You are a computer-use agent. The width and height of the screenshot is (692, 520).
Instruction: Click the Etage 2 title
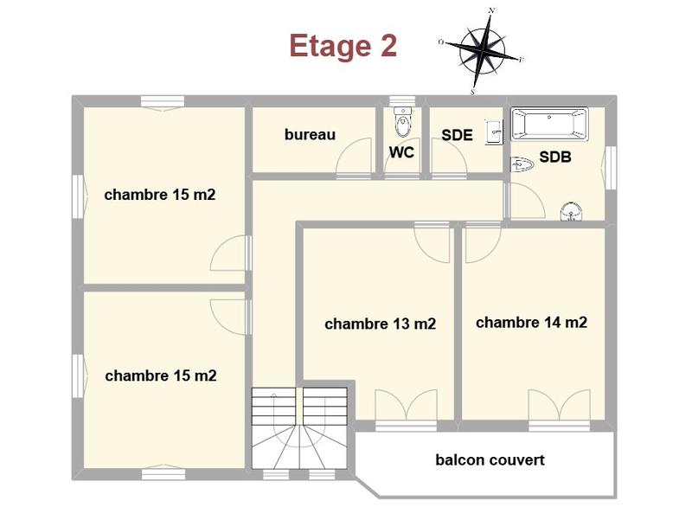[x=343, y=46]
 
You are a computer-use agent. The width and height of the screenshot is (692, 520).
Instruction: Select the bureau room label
[x=310, y=135]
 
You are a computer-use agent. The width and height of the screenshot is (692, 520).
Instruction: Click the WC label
[x=401, y=152]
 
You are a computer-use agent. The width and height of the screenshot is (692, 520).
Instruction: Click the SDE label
[x=457, y=135]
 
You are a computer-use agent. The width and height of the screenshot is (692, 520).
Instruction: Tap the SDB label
[x=555, y=157]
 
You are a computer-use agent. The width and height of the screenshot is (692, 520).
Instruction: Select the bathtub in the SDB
[x=549, y=124]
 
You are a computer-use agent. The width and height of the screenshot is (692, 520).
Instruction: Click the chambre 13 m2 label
[x=380, y=324]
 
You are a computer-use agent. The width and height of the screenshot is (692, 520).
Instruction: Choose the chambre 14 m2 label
[x=531, y=323]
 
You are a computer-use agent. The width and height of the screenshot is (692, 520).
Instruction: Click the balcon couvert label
[x=490, y=460]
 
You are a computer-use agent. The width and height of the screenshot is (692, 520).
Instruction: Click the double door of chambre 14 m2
[x=559, y=405]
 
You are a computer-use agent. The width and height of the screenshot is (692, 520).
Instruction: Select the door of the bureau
[x=353, y=160]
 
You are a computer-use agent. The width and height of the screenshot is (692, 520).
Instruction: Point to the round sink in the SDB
[x=571, y=211]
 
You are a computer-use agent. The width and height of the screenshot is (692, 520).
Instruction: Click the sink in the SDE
[x=493, y=132]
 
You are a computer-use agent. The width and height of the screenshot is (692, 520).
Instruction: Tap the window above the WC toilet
[x=401, y=100]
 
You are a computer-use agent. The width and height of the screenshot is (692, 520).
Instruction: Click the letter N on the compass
[x=491, y=10]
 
